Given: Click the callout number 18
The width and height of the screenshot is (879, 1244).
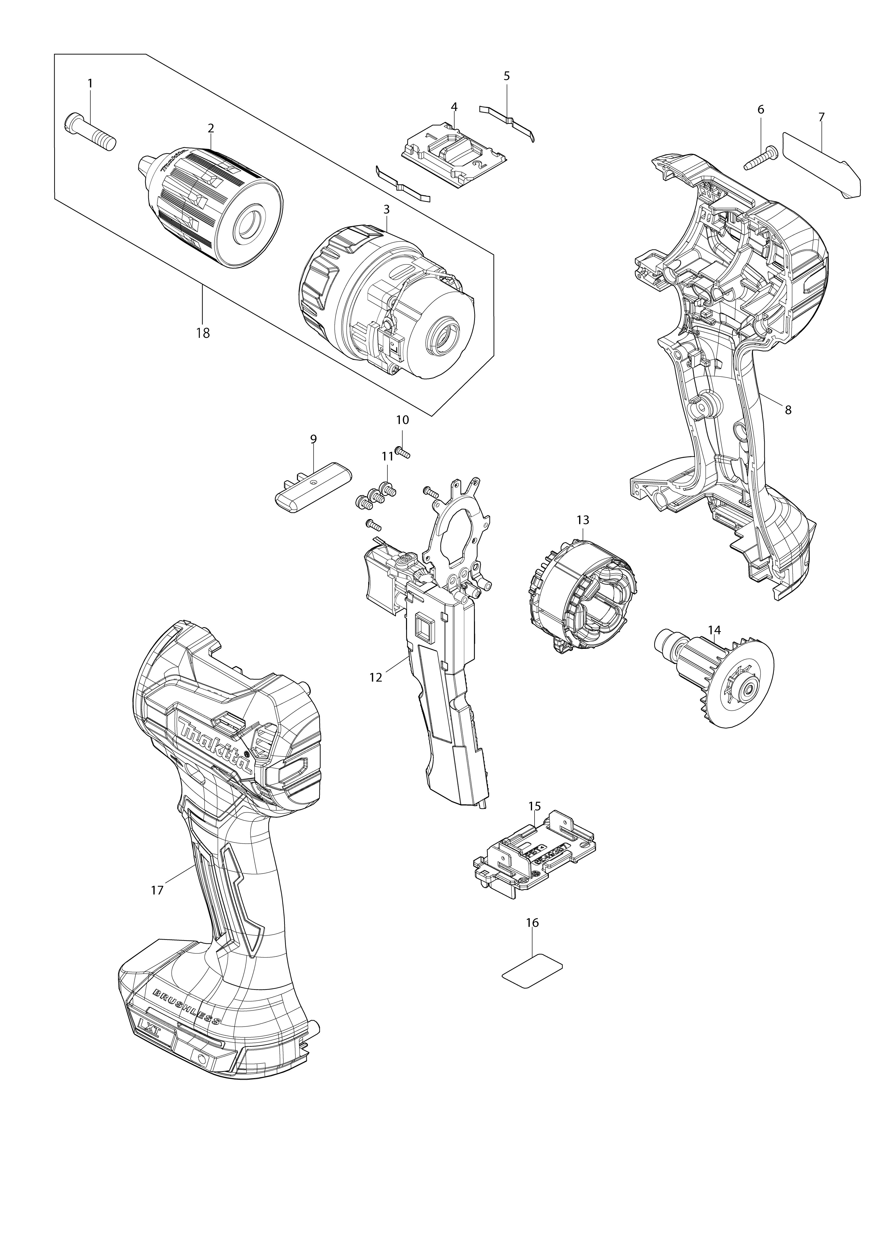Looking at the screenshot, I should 203,333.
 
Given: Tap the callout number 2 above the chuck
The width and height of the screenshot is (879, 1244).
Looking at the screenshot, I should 211,128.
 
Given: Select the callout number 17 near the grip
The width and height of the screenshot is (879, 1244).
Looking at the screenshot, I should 157,890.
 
